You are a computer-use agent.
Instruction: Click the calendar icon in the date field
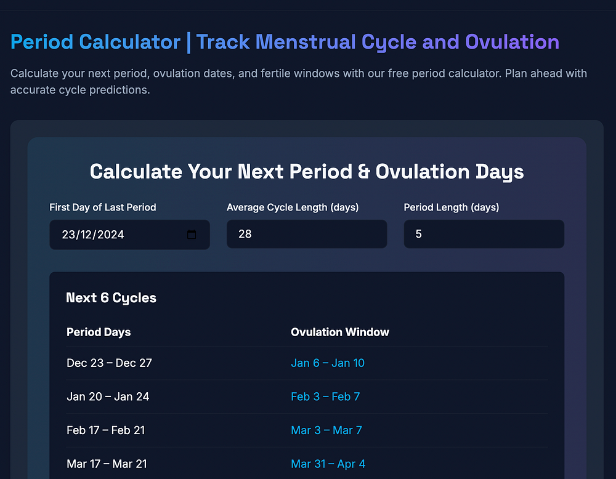pyautogui.click(x=192, y=235)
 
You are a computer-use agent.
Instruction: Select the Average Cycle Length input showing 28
pyautogui.click(x=307, y=234)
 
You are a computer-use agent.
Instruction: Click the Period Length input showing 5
pyautogui.click(x=484, y=234)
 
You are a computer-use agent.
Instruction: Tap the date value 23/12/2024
pyautogui.click(x=93, y=235)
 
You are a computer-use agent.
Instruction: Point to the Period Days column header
pyautogui.click(x=99, y=332)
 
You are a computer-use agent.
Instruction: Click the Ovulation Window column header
pyautogui.click(x=340, y=332)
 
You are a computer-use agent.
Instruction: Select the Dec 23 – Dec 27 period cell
pyautogui.click(x=109, y=363)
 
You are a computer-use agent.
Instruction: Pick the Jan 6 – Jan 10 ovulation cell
pyautogui.click(x=328, y=363)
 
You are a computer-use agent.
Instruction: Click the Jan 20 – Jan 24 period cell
pyautogui.click(x=108, y=396)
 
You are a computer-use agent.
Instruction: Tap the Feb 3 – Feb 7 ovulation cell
pyautogui.click(x=325, y=396)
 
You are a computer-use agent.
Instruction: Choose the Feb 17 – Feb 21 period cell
pyautogui.click(x=106, y=430)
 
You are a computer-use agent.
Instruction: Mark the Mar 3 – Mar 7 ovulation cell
pyautogui.click(x=326, y=430)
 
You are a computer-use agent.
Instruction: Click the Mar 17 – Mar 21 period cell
pyautogui.click(x=107, y=464)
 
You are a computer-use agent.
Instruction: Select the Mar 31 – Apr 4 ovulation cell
pyautogui.click(x=328, y=464)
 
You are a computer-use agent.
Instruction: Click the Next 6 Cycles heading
pyautogui.click(x=111, y=298)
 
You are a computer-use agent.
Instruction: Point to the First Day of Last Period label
pyautogui.click(x=102, y=207)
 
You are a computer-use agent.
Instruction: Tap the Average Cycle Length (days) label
pyautogui.click(x=293, y=207)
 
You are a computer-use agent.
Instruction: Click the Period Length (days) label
pyautogui.click(x=452, y=207)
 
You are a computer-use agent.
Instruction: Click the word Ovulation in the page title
pyautogui.click(x=512, y=42)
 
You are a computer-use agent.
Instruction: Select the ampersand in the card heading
pyautogui.click(x=364, y=172)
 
